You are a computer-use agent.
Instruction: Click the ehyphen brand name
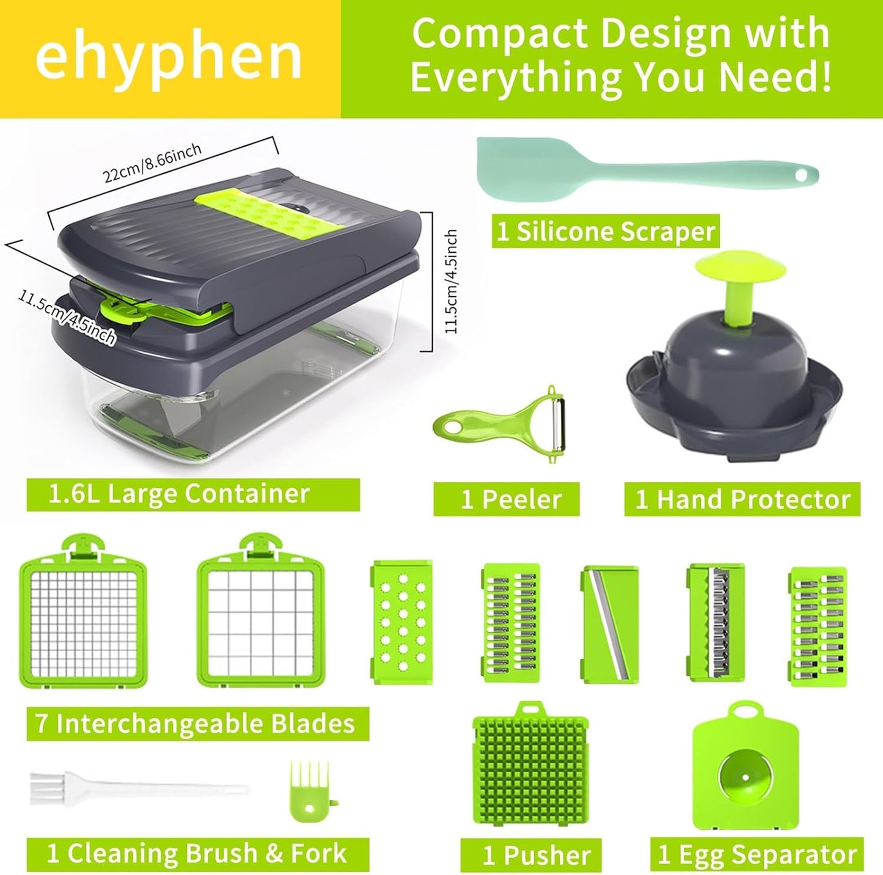tap(169, 58)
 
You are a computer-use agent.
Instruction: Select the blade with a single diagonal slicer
tap(610, 623)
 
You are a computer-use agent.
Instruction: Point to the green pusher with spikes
tap(530, 772)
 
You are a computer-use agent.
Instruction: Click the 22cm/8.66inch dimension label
tap(152, 164)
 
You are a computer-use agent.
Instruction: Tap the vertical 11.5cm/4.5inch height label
tap(451, 281)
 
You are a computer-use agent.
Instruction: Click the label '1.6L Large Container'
tap(179, 494)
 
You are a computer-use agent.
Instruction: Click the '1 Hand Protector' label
tap(742, 499)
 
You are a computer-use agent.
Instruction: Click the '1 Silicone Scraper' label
tap(606, 231)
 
